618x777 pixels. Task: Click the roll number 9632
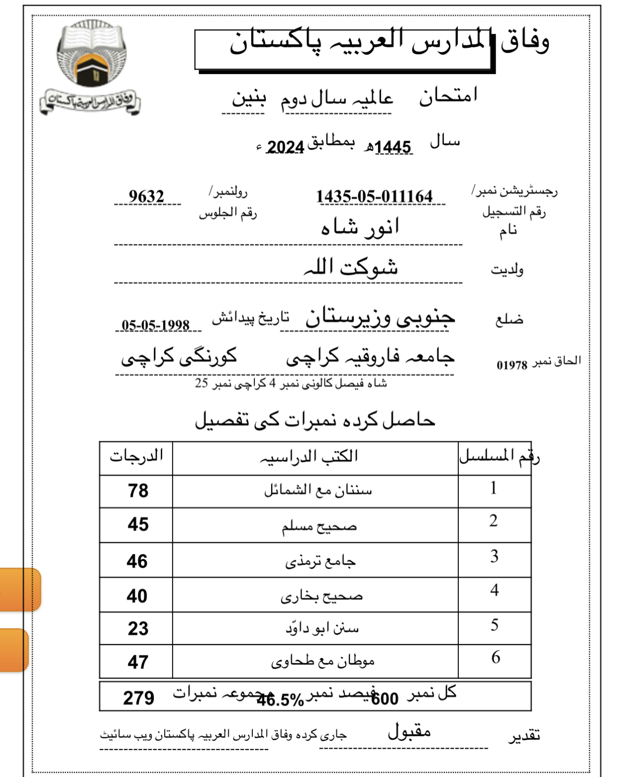pyautogui.click(x=146, y=196)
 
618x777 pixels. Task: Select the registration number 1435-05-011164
pyautogui.click(x=374, y=196)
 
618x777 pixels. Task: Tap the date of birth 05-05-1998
pyautogui.click(x=156, y=325)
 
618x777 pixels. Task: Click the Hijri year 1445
pyautogui.click(x=393, y=147)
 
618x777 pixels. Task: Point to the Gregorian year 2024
pyautogui.click(x=285, y=147)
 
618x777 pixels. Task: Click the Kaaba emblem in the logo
pyautogui.click(x=91, y=70)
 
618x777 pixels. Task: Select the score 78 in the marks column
pyautogui.click(x=138, y=491)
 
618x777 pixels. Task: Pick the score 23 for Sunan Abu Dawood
pyautogui.click(x=138, y=629)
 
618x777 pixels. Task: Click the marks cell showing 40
pyautogui.click(x=137, y=596)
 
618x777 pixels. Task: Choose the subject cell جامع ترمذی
pyautogui.click(x=320, y=562)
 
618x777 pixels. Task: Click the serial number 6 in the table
pyautogui.click(x=495, y=658)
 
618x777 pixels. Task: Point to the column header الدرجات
pyautogui.click(x=136, y=456)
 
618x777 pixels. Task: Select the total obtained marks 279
pyautogui.click(x=138, y=698)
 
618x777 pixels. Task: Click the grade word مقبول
pyautogui.click(x=409, y=731)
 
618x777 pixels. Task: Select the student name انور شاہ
pyautogui.click(x=360, y=227)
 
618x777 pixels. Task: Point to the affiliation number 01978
pyautogui.click(x=512, y=365)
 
